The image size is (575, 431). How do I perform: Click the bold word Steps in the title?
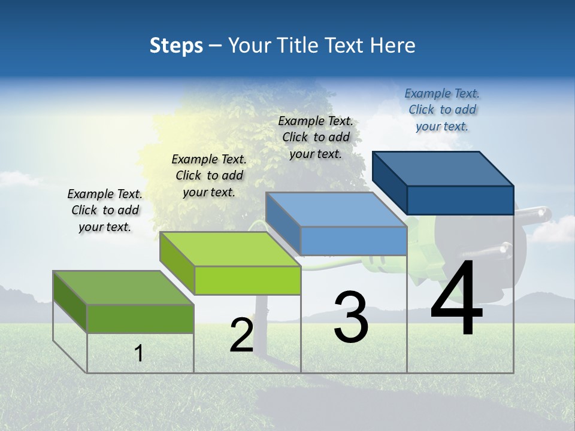176,45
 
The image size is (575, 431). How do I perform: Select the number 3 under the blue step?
350,317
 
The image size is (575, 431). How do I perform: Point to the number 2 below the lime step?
241,336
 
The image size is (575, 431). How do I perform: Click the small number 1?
138,354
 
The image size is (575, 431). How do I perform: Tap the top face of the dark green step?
123,287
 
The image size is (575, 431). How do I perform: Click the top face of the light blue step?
336,210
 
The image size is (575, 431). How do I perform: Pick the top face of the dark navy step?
443,169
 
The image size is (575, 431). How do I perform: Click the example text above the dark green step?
105,210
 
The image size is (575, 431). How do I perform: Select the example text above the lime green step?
208,175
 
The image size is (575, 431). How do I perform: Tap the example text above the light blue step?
316,137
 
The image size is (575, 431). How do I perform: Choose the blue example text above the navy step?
442,110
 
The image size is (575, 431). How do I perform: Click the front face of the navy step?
460,200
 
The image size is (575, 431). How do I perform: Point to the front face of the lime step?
247,280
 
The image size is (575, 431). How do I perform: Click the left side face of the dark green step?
70,301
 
